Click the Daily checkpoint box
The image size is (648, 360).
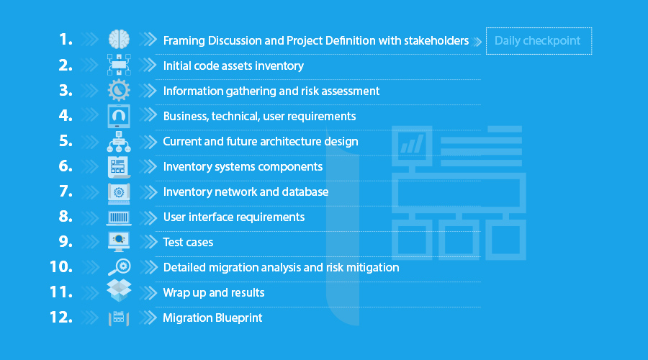pyautogui.click(x=539, y=41)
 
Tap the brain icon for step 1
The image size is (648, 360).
pyautogui.click(x=119, y=40)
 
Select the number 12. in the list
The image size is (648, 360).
pyautogui.click(x=61, y=318)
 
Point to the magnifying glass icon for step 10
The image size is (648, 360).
pyautogui.click(x=119, y=267)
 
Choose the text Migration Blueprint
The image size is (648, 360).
pyautogui.click(x=212, y=318)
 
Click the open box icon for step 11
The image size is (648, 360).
pyautogui.click(x=119, y=290)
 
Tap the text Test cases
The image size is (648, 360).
pyautogui.click(x=188, y=242)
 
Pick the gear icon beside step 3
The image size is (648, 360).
pyautogui.click(x=119, y=90)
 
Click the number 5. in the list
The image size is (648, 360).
pyautogui.click(x=66, y=141)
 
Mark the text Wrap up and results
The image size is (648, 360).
pyautogui.click(x=214, y=292)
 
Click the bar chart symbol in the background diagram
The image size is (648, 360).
pyautogui.click(x=412, y=144)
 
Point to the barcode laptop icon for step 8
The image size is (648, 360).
pyautogui.click(x=119, y=218)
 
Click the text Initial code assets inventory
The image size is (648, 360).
pyautogui.click(x=233, y=66)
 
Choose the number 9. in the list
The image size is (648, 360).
pyautogui.click(x=66, y=242)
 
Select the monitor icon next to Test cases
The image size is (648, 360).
pyautogui.click(x=119, y=242)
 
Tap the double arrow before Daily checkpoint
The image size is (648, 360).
pyautogui.click(x=477, y=42)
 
